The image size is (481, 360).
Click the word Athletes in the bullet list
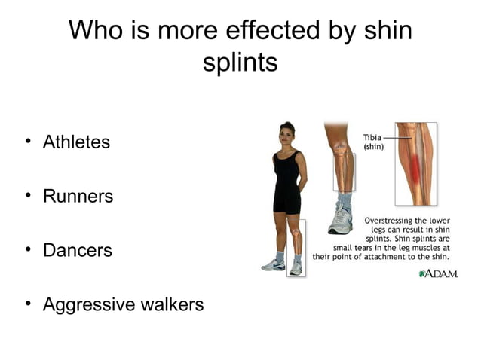point(76,142)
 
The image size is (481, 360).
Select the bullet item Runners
point(78,196)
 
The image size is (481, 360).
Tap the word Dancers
point(77,250)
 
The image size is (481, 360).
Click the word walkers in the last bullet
point(170,304)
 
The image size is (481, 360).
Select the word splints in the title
point(240,63)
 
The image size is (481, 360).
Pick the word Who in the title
point(95,31)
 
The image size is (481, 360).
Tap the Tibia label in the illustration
point(372,138)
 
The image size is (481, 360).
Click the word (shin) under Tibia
point(374,147)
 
